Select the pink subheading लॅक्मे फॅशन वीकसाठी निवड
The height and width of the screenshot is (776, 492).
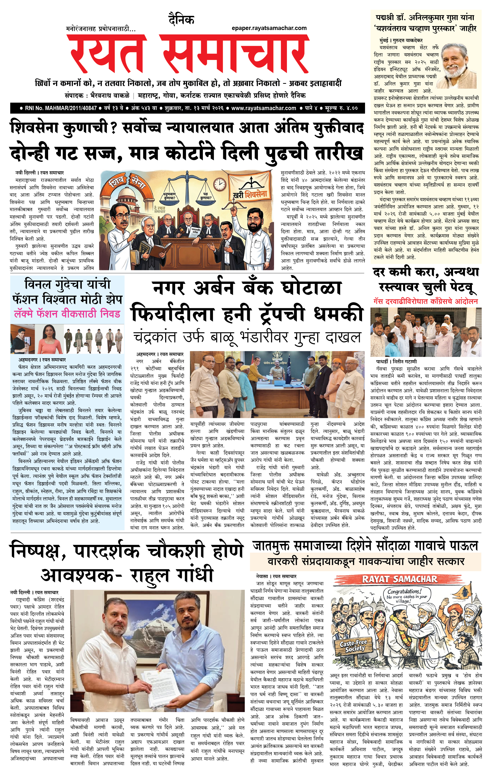point(67,314)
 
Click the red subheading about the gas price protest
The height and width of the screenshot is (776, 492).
point(425,301)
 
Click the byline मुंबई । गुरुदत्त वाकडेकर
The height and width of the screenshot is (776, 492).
point(401,40)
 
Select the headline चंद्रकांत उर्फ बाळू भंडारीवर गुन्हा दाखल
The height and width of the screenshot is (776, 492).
point(247,337)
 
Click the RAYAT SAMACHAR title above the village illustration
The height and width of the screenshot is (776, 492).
point(400,579)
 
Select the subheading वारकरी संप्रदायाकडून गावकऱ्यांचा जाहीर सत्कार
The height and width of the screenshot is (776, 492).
point(366,562)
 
